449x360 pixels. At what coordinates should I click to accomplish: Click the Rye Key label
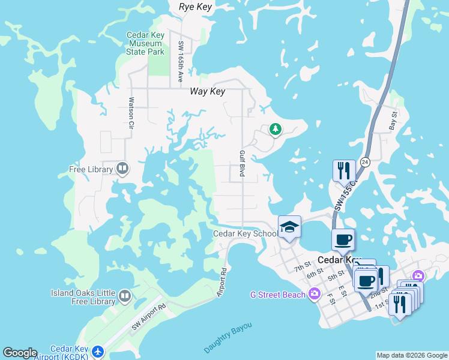tap(197, 7)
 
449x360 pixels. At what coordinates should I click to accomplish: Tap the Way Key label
tap(207, 91)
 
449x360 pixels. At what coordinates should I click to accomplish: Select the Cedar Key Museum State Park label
tap(145, 43)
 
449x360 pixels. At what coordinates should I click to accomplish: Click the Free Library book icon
tap(122, 169)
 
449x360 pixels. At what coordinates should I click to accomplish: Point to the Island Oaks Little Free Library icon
tap(125, 296)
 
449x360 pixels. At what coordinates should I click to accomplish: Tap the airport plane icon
tap(98, 350)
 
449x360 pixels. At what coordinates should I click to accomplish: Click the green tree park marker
tap(275, 128)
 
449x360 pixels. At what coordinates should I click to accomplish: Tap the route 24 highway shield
tap(366, 162)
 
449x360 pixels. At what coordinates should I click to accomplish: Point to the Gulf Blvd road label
tap(243, 163)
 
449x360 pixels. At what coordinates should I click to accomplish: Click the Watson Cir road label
tap(130, 114)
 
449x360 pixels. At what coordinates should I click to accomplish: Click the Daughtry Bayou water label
tap(228, 338)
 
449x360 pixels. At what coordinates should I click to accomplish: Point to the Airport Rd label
tap(222, 282)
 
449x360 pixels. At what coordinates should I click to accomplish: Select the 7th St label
tap(303, 265)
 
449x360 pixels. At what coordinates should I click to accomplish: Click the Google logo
tap(19, 353)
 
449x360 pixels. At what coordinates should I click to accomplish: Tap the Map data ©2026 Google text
tap(412, 355)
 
